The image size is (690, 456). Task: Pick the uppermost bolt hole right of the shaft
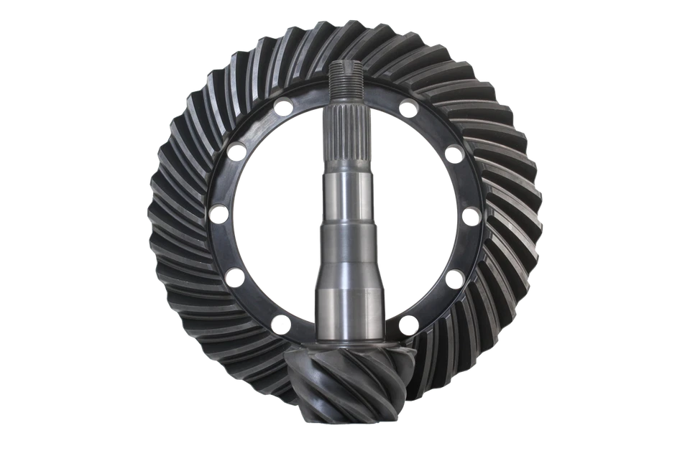click(408, 108)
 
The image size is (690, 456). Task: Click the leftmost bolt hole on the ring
click(216, 214)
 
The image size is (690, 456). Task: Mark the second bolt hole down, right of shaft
click(452, 152)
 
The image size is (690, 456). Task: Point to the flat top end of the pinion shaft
click(345, 64)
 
